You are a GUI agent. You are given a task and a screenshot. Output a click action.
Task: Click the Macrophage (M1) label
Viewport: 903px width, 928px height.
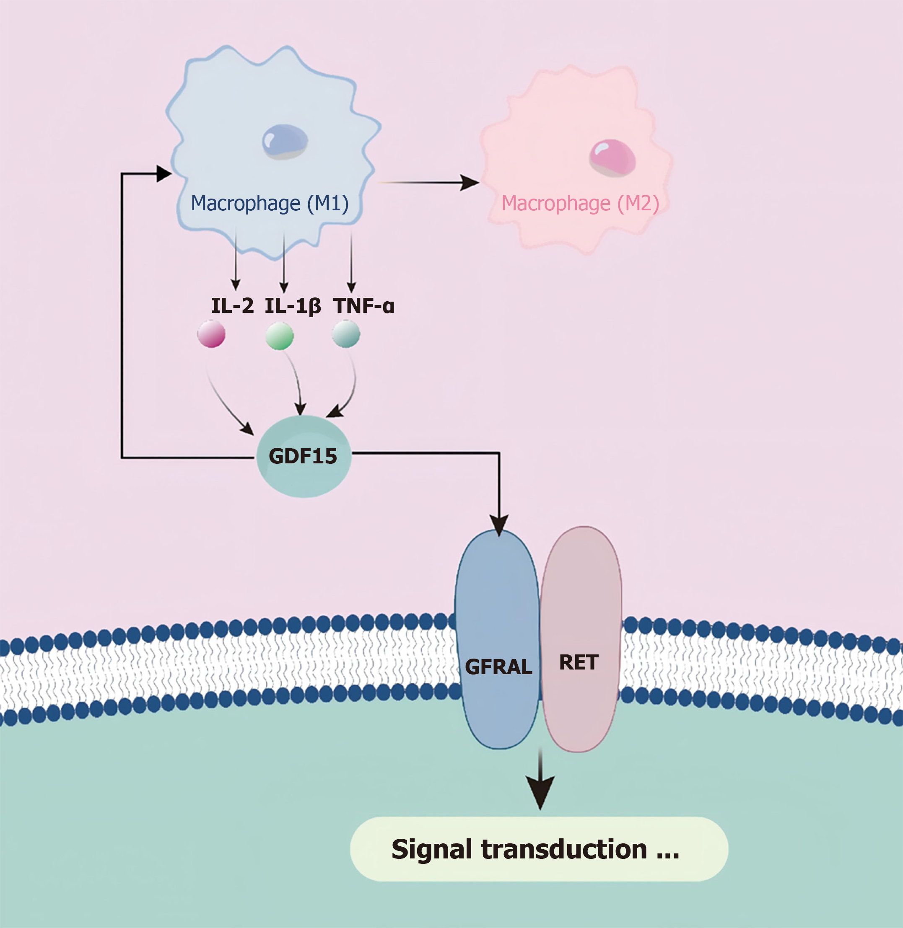coord(270,203)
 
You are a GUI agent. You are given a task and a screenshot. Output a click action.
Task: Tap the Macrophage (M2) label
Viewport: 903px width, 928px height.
coord(580,203)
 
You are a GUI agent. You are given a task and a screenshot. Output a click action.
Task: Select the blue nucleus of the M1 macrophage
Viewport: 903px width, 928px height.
coord(285,141)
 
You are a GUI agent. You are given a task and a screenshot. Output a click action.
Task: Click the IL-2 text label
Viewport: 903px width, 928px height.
coord(232,306)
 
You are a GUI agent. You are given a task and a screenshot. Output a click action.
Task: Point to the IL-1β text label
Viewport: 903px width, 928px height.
coord(293,306)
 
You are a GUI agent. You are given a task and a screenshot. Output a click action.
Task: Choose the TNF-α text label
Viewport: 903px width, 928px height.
coord(364,306)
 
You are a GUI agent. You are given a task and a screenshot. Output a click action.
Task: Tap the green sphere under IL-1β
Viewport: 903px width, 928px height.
coord(279,336)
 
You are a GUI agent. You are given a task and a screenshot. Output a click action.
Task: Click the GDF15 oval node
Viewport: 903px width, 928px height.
coord(304,456)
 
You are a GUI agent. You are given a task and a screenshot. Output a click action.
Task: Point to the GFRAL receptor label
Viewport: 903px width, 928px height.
coord(498,667)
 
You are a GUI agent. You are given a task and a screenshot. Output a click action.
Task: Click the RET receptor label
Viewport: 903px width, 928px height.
coord(579,662)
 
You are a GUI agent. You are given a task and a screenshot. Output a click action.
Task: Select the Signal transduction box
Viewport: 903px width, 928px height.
coord(539,849)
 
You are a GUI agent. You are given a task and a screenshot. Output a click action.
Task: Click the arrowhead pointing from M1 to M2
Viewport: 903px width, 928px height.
coord(470,183)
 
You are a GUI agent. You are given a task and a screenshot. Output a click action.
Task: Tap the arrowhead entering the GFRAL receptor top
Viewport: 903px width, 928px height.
coord(499,526)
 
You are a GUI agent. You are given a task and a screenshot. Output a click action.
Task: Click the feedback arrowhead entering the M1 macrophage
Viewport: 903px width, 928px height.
coord(163,173)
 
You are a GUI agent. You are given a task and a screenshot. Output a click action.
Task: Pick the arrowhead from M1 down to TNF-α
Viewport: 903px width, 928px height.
coord(351,287)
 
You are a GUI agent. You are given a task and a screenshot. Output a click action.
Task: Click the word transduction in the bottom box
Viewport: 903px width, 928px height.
coord(564,849)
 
